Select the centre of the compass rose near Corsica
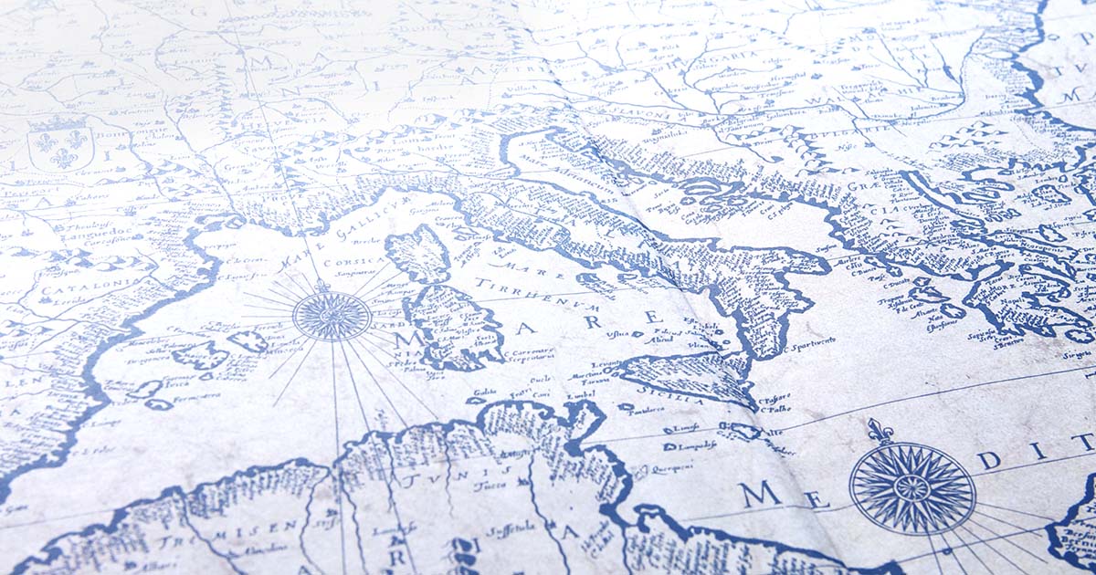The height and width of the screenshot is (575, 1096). (331, 315)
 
